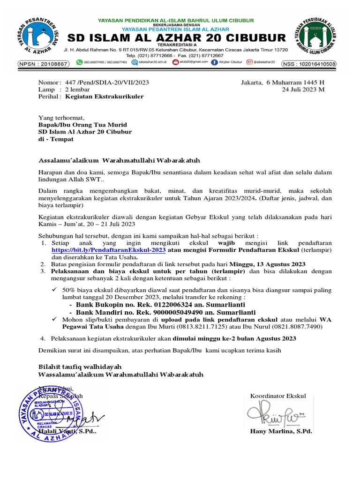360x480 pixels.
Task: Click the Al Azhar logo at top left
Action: pos(38,38)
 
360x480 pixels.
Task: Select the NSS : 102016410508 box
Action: pos(308,64)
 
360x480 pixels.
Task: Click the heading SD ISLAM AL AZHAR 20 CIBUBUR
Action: pos(175,38)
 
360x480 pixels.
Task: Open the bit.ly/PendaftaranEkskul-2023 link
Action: pos(109,250)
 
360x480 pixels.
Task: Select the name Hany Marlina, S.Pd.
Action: pos(281,431)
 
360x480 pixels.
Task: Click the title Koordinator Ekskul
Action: pos(278,396)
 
